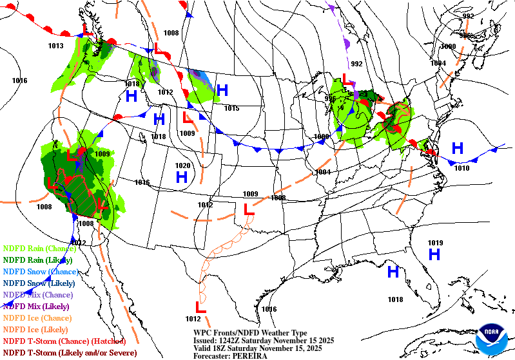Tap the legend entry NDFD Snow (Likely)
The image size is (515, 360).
point(38,283)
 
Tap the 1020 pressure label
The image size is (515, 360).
point(183,166)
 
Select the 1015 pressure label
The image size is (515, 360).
point(232,108)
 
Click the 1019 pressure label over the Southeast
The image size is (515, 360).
point(435,243)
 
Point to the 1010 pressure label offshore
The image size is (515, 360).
point(462,168)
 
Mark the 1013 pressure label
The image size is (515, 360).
point(55,46)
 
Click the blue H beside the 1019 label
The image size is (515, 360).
point(434,254)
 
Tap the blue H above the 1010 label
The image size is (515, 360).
point(458,148)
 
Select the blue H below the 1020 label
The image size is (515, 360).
point(182,176)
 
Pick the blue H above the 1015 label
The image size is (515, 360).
point(222,91)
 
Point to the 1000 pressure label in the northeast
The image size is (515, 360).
point(448,47)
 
